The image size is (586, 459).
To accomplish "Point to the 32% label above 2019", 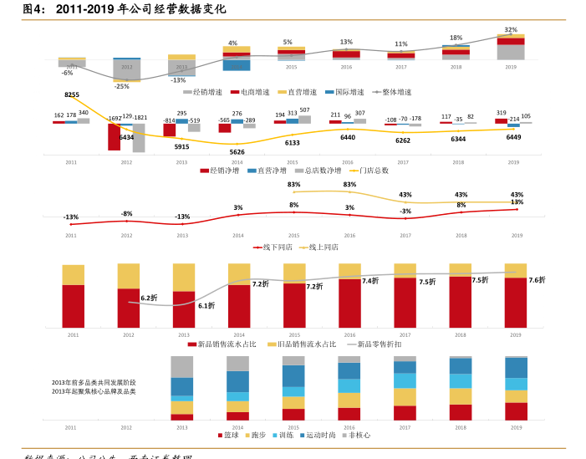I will click(x=510, y=29).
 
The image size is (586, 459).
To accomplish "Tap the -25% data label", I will click(x=122, y=86).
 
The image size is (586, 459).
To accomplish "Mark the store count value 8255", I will click(x=72, y=95).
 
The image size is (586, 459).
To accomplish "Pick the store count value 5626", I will click(x=237, y=152).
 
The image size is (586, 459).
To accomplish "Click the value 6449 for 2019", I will click(x=513, y=137).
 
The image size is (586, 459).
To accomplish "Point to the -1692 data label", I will click(x=115, y=119).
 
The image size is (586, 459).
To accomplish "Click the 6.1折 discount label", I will click(x=206, y=306).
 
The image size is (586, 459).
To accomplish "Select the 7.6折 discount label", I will click(x=537, y=280).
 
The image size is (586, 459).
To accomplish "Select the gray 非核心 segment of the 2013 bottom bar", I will click(x=181, y=366).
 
